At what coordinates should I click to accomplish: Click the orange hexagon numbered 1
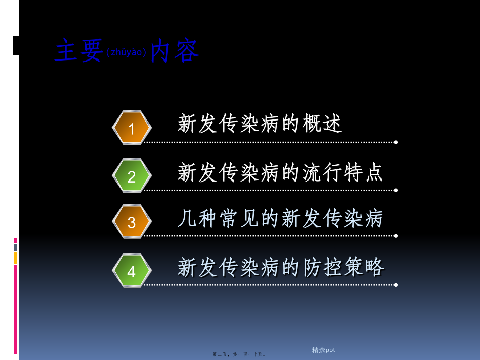pos(132,128)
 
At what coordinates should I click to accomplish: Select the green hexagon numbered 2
pos(132,175)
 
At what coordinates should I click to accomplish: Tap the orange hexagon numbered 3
pos(132,221)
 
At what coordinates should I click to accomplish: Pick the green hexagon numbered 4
pos(132,270)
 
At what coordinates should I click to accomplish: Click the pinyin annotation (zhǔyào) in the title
pos(126,52)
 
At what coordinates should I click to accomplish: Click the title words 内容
pos(174,50)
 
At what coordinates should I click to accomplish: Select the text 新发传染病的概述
pos(260,123)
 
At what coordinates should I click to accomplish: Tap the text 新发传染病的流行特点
pos(280,172)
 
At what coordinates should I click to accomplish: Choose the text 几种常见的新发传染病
pos(280,218)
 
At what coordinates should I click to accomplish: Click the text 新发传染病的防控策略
pos(281,267)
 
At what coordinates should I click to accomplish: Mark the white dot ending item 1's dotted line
pos(396,142)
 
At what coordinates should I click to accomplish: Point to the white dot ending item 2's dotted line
pos(396,190)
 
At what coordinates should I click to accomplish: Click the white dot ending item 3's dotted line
pos(396,236)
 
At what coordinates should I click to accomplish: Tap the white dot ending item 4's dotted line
pos(396,285)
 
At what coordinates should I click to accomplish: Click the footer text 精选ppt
pos(323,350)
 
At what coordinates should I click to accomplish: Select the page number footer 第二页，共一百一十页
pos(239,354)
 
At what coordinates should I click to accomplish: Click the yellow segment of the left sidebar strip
pos(15,258)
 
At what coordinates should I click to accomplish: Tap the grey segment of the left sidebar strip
pos(15,247)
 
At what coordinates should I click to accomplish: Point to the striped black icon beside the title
pos(15,45)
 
